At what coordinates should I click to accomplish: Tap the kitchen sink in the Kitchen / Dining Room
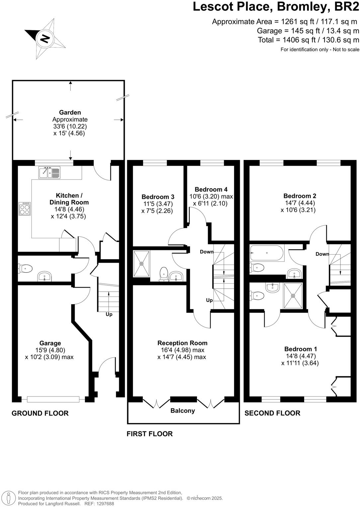[x=49, y=172]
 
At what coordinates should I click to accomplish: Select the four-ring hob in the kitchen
[x=25, y=209]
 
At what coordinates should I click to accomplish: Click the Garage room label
[x=50, y=343]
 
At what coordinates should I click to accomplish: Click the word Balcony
[x=183, y=411]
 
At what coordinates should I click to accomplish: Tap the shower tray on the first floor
[x=141, y=264]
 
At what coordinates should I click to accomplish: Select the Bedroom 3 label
[x=158, y=197]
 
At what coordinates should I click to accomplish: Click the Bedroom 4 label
[x=211, y=189]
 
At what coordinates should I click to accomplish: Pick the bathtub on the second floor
[x=267, y=253]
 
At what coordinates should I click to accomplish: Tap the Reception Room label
[x=182, y=343]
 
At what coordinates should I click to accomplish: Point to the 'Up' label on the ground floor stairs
[x=109, y=314]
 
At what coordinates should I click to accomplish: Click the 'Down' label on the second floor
[x=322, y=254]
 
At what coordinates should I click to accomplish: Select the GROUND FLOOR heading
[x=40, y=413]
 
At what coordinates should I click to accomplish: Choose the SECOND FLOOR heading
[x=272, y=413]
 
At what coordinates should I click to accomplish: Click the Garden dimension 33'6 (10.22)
[x=70, y=126]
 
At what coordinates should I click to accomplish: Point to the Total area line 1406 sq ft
[x=309, y=40]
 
